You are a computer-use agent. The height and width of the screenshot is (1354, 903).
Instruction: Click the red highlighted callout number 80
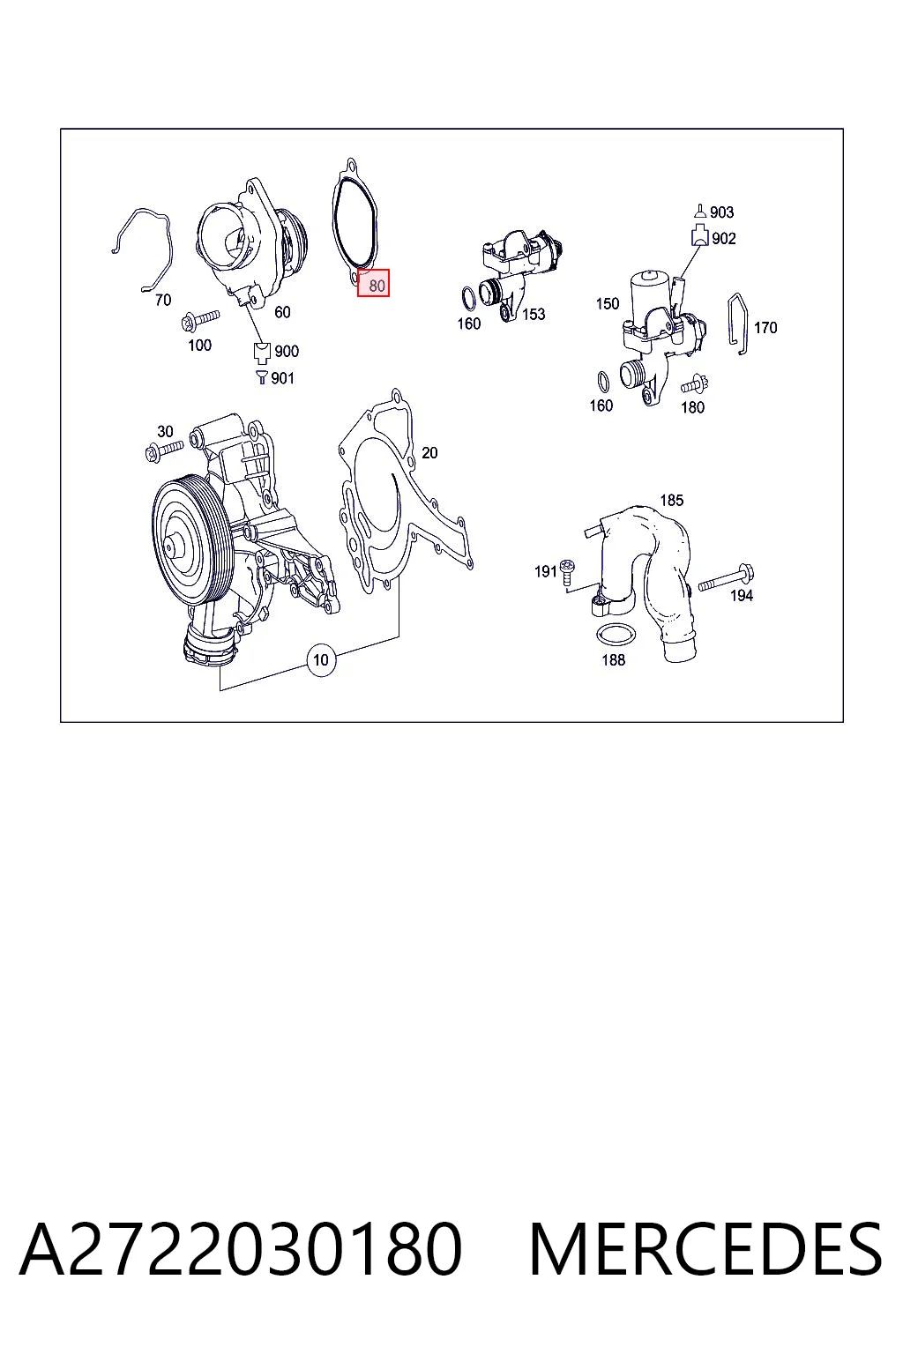coord(373,283)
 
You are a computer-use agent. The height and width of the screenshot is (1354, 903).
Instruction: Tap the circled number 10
coord(321,659)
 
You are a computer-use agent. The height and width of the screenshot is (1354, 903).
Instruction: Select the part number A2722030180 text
coord(241,1249)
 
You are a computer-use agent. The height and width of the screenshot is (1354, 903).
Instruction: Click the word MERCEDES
coord(705,1249)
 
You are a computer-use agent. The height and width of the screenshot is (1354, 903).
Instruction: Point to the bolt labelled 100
coord(200,319)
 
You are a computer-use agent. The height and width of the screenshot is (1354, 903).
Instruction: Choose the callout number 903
coord(721,212)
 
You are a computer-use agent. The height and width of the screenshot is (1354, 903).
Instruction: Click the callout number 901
coord(282,378)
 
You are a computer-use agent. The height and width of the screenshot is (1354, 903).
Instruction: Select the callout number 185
coord(671,501)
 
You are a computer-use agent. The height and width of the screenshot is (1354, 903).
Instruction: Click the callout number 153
coord(534,315)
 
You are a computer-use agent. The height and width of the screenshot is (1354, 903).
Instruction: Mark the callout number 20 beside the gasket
coord(429,453)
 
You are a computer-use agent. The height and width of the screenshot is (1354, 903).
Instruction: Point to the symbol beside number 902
coord(700,235)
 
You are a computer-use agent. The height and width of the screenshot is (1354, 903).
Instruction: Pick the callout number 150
coord(608,303)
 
